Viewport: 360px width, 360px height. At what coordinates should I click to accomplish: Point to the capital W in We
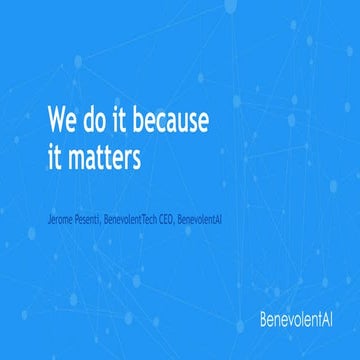click(x=56, y=122)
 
